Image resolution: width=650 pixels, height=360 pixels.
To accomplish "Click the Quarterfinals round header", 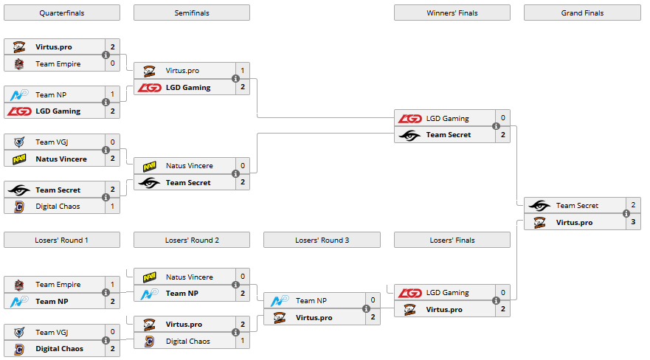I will pos(61,13).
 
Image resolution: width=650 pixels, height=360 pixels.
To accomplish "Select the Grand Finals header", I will pos(582,13).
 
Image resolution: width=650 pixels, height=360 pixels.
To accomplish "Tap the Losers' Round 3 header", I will pos(322,240).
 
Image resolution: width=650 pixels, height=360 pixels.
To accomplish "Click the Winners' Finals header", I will pos(452,13).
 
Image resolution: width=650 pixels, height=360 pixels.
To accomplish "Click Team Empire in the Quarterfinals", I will pos(58,63).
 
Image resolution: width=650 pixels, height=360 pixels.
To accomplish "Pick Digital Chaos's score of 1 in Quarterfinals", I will pos(112,207).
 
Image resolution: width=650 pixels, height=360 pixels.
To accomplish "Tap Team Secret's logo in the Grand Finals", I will pos(539,206).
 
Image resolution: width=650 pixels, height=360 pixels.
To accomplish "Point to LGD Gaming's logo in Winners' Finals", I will pos(409,118).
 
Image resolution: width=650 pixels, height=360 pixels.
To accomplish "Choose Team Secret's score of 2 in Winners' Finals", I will pos(502,135).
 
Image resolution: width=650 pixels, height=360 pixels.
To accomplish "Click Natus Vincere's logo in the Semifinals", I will pos(150,166).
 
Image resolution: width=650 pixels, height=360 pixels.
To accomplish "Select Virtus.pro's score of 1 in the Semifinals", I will pos(242,71).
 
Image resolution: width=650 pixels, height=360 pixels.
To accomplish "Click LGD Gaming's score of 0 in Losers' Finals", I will pos(502,293).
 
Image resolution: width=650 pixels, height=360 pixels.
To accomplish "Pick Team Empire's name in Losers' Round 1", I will pos(58,284).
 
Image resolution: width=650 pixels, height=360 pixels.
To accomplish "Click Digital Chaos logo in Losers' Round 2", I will pos(149,342).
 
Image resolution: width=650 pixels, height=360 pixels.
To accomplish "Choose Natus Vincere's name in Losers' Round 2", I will pos(189,277).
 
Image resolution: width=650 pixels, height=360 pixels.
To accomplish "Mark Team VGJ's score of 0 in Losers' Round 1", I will pos(112,332).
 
